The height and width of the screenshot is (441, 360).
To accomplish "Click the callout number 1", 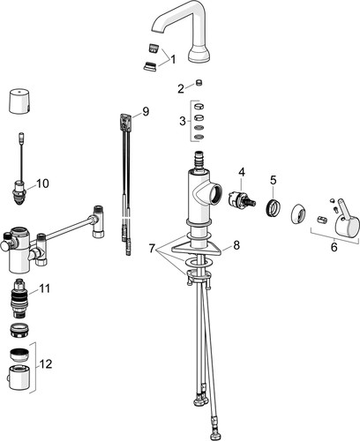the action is [x=173, y=59].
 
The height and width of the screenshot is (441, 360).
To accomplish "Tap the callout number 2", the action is [x=181, y=88].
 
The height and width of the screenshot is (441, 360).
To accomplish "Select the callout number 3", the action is [x=183, y=121].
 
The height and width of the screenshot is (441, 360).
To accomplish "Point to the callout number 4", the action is [x=242, y=172].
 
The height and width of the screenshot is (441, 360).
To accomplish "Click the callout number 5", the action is [x=274, y=180].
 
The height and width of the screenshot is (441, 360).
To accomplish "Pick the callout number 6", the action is [x=334, y=247].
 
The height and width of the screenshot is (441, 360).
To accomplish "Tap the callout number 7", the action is [x=152, y=249].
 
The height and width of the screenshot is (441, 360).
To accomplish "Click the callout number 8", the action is [x=236, y=245].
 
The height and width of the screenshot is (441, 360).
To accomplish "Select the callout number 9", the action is [x=146, y=111].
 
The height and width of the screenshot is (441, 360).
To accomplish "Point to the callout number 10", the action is [x=42, y=183].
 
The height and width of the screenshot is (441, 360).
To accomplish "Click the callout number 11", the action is [x=44, y=288].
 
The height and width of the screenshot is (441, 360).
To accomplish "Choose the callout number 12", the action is [x=46, y=364].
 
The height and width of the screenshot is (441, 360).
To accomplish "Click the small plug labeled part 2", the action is [x=199, y=82].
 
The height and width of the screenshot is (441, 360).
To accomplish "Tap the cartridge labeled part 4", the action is [x=242, y=199].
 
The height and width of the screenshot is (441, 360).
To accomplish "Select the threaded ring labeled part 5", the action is [x=273, y=208].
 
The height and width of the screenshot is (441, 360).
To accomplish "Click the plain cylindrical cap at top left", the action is [x=19, y=101].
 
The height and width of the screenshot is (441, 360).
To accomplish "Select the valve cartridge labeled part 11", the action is [x=19, y=297].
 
